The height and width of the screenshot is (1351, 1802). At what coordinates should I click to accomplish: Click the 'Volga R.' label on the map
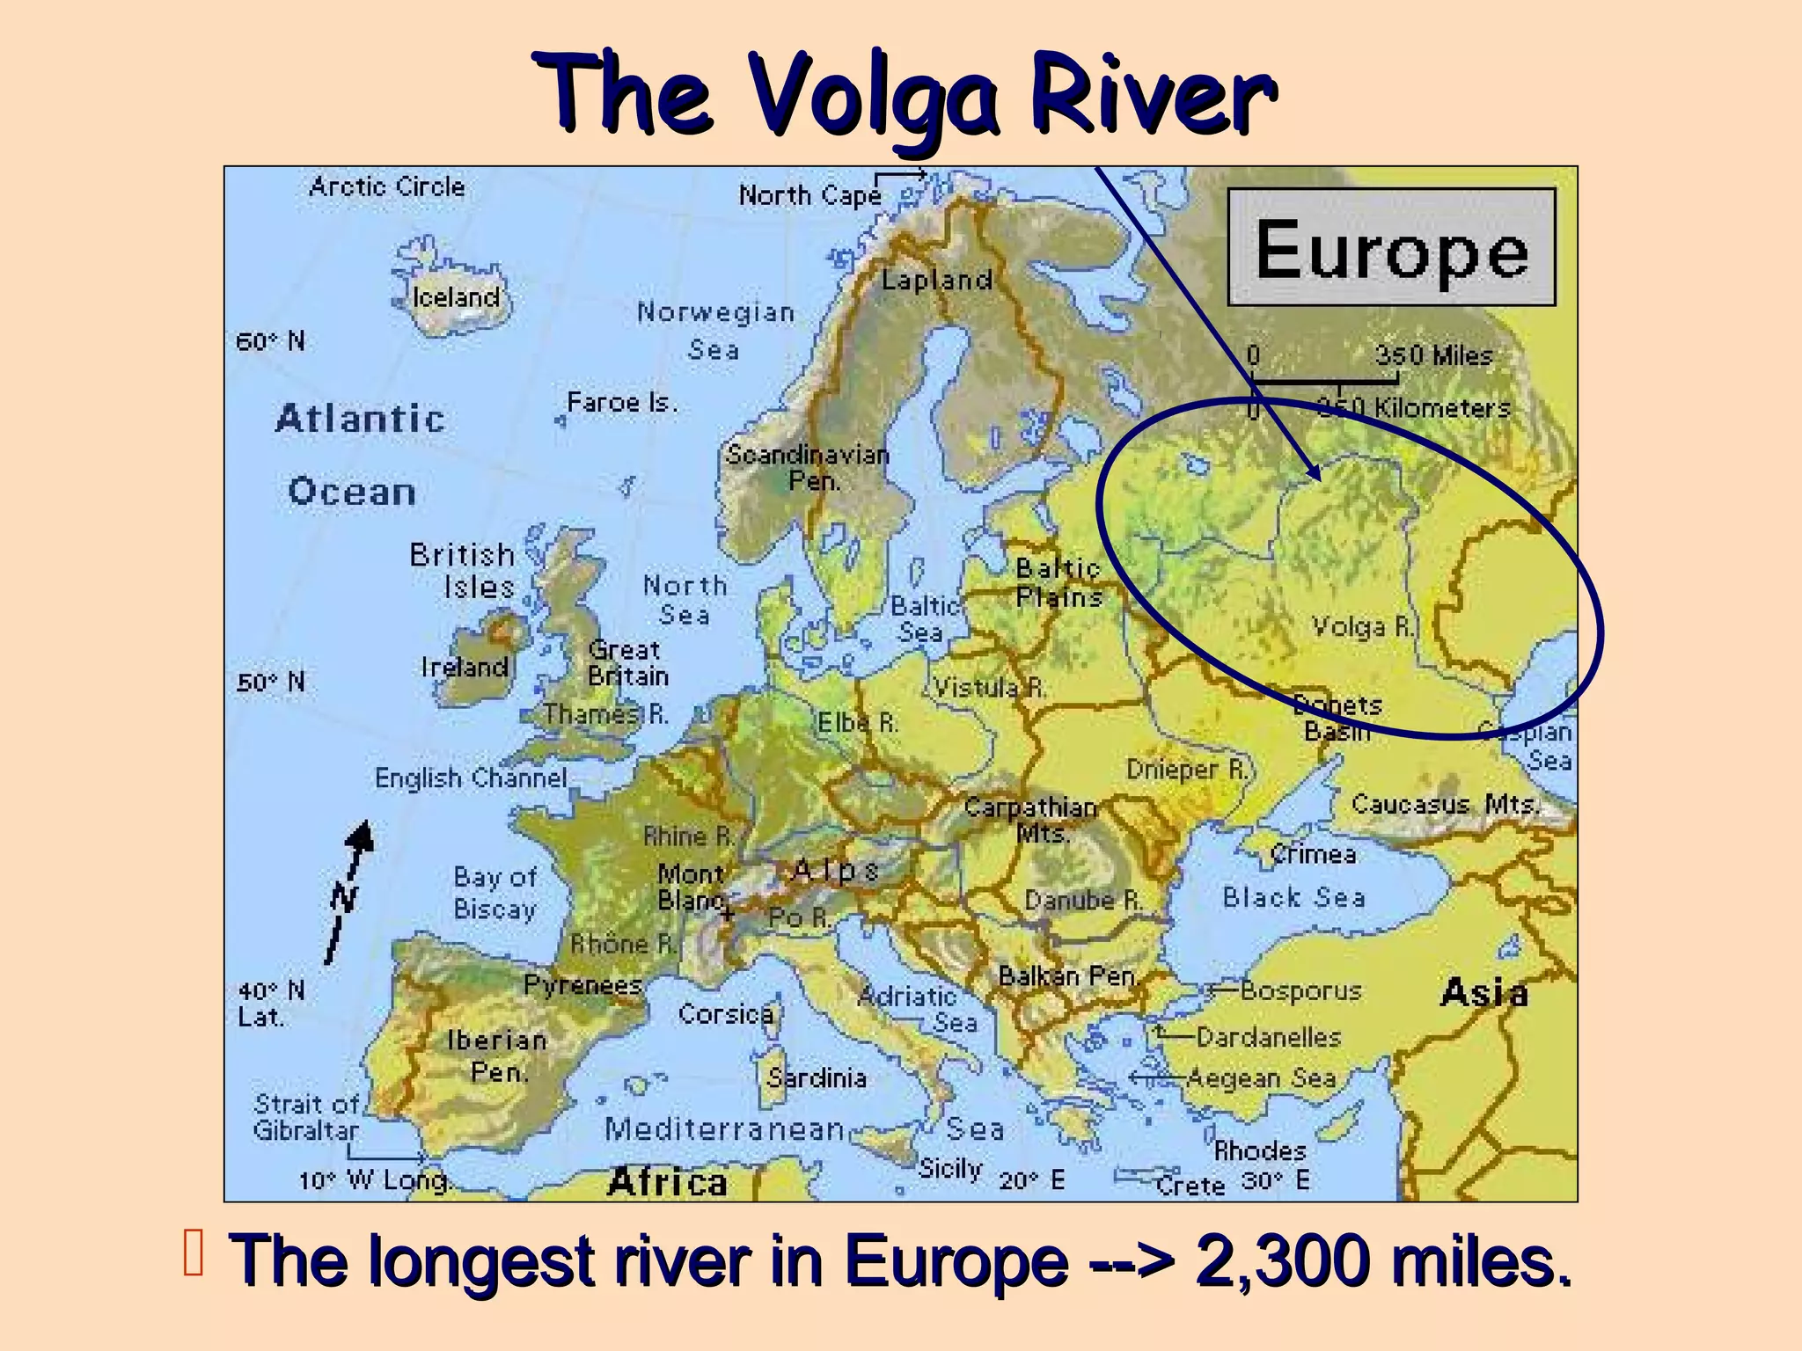1362,626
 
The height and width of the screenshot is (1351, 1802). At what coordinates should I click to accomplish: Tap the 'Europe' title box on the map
1391,248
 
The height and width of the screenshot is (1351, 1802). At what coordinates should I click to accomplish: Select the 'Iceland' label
456,297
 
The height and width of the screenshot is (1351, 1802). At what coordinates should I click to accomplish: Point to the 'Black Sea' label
1293,897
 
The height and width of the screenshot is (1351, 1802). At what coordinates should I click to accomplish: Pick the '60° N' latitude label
270,340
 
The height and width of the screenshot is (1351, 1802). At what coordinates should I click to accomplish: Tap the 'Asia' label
1484,993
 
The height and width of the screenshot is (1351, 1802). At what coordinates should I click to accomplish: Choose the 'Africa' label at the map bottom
667,1181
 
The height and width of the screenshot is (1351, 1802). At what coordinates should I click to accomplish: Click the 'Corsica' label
725,1014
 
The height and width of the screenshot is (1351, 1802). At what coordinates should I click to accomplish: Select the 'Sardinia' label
817,1077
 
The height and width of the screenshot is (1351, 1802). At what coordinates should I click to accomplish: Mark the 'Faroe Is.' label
622,403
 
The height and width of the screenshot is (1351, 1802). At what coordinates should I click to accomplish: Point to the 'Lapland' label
936,280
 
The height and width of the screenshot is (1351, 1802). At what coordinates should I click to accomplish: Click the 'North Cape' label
809,195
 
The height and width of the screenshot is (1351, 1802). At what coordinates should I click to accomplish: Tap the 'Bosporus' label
1300,991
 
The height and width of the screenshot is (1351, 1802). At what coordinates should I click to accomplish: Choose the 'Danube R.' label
1083,901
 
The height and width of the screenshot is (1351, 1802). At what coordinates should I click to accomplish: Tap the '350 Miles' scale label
1434,355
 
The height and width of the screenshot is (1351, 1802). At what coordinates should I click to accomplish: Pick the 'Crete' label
1190,1185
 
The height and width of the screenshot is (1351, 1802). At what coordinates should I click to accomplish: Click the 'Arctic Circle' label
386,186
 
